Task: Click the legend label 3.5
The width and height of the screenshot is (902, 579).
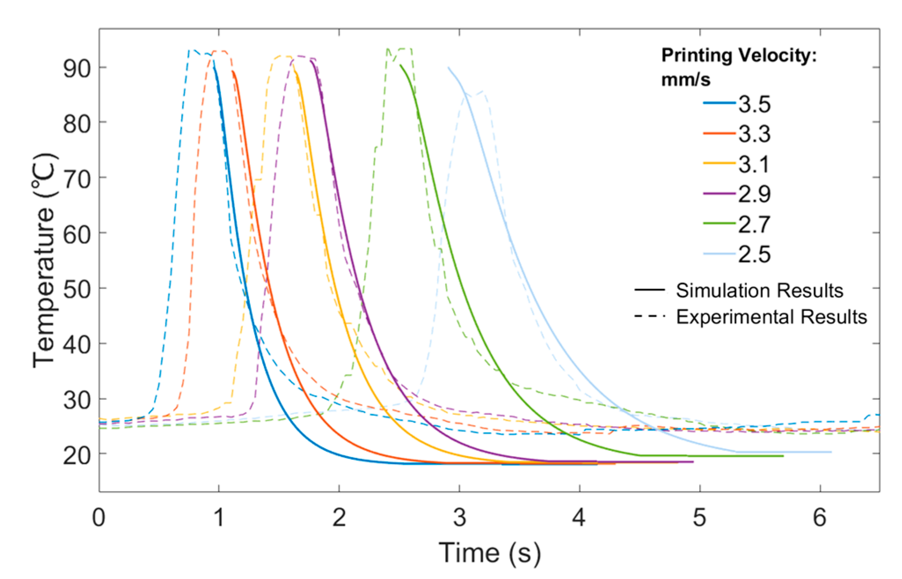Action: click(x=754, y=105)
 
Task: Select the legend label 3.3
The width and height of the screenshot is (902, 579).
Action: click(x=754, y=134)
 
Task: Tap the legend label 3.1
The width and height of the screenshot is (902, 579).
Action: click(x=754, y=164)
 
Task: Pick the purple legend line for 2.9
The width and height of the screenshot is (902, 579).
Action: click(x=719, y=194)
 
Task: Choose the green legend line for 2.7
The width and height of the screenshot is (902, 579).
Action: click(x=719, y=224)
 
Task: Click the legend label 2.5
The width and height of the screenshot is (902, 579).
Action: click(x=754, y=254)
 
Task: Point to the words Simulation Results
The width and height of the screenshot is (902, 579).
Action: click(x=760, y=291)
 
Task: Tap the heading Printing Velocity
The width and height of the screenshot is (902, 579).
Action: click(x=739, y=56)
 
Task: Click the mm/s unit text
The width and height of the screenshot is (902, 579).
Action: click(x=686, y=80)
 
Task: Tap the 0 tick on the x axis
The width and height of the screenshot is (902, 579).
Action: click(x=99, y=517)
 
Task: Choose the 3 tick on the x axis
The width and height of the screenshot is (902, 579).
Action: click(x=460, y=517)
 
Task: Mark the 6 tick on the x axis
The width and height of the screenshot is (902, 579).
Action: click(x=820, y=517)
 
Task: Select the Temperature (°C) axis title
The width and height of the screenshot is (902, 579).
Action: click(x=44, y=260)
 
